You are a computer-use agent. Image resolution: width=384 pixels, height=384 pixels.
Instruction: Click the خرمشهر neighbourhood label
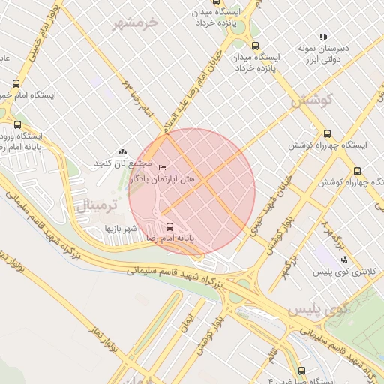pos(137,23)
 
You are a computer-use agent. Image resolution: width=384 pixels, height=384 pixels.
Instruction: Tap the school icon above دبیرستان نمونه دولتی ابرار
pos(323,36)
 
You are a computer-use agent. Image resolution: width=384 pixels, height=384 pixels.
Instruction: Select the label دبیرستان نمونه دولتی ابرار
pos(320,52)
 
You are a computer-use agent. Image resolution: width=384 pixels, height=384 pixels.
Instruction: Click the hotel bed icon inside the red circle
pos(163,166)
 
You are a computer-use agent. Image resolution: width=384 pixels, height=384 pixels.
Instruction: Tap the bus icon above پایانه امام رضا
pos(169,226)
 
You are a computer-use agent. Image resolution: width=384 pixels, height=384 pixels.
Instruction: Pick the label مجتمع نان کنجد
pos(122,163)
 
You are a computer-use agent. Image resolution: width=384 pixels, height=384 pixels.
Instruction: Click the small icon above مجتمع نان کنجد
pos(123,152)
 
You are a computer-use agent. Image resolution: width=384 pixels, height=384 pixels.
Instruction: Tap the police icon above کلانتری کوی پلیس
pos(344,259)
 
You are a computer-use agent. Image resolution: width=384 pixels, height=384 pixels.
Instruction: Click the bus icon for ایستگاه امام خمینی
pos(16,84)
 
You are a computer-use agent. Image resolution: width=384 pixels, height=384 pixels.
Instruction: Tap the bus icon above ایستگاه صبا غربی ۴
pos(302,370)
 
